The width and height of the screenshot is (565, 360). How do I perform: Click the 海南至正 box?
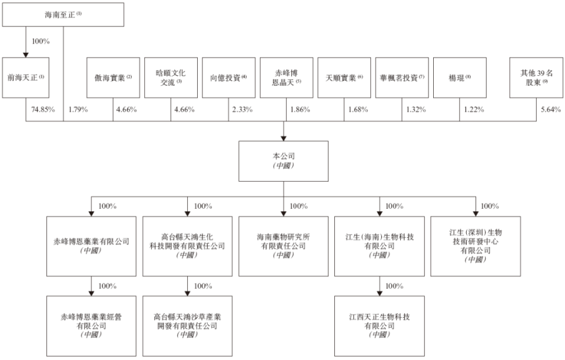[63, 15]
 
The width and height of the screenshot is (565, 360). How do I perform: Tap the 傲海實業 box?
[113, 77]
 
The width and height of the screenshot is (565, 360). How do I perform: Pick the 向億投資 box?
[228, 77]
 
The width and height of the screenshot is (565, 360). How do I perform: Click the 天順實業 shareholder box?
[344, 77]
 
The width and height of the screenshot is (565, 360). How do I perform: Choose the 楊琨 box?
[460, 77]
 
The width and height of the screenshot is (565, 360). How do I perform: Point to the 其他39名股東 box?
[536, 77]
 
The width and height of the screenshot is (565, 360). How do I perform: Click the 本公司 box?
[284, 161]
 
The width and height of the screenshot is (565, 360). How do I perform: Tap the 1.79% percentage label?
[78, 109]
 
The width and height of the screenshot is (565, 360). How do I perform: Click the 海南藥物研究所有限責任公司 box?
[284, 246]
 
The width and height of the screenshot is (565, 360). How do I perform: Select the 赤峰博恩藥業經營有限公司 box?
[91, 325]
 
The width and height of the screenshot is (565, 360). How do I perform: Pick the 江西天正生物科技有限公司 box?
[379, 325]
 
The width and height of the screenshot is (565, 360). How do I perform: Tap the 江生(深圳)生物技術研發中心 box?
[475, 246]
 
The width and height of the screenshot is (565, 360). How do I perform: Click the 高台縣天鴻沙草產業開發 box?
[187, 325]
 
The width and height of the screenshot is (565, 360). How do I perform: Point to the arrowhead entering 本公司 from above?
[284, 137]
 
